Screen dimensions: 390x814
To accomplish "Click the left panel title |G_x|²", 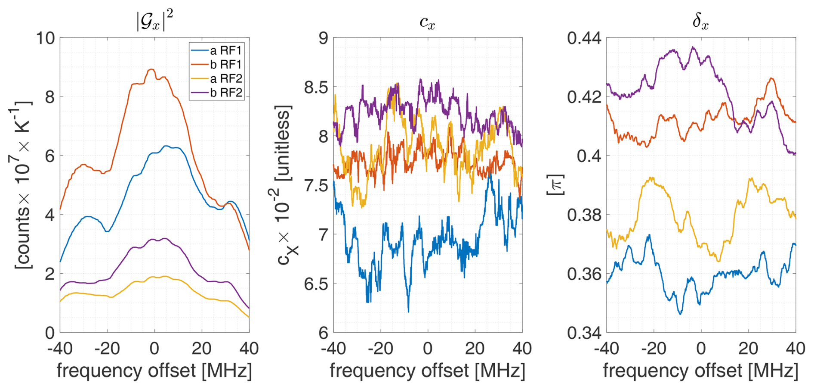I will [154, 21].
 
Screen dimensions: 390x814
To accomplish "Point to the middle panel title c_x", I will [427, 22].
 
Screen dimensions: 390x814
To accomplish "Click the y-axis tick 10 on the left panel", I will [46, 38].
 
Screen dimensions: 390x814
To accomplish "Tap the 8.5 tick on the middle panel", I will [316, 87].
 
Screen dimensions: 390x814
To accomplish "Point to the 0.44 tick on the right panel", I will [584, 38].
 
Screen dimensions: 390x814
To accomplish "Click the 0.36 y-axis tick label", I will [584, 274].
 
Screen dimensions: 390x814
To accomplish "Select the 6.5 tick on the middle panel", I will [316, 284].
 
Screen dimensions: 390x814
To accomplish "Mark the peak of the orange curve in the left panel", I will [151, 69].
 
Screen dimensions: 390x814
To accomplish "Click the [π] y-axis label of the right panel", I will [555, 184].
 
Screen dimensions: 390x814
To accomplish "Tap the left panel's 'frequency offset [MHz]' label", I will [154, 371].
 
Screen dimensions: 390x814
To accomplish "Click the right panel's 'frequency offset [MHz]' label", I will [700, 371].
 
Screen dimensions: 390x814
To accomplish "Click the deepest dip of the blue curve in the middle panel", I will [408, 311].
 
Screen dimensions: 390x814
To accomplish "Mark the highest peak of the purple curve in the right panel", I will [693, 47].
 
